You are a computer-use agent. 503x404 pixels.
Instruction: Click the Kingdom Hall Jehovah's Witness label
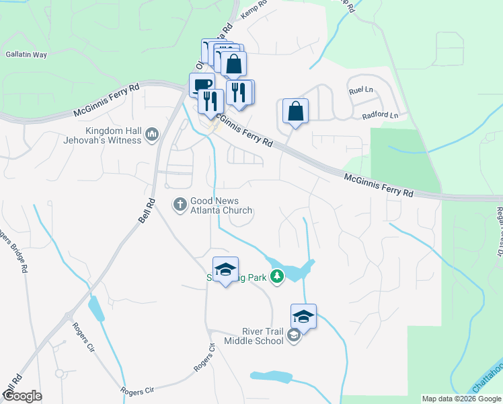113,135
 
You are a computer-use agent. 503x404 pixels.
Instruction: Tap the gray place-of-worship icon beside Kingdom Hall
152,135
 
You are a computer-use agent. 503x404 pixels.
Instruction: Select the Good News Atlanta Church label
221,205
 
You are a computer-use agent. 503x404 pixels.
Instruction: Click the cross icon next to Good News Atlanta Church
180,203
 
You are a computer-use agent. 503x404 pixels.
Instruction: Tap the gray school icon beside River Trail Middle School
293,335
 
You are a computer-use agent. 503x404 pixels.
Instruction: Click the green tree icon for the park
276,275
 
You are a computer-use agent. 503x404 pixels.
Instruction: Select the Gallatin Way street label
26,55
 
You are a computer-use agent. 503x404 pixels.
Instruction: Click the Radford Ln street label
380,116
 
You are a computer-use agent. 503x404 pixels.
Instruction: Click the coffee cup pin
202,86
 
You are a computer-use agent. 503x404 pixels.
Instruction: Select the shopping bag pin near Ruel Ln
295,110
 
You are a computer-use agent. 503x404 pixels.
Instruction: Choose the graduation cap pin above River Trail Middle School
304,316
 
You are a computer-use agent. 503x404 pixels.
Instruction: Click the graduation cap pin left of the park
226,269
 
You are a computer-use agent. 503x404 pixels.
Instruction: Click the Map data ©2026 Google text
461,399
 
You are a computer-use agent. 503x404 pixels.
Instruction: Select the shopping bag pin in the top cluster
233,65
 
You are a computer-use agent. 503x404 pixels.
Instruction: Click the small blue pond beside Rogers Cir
97,309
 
